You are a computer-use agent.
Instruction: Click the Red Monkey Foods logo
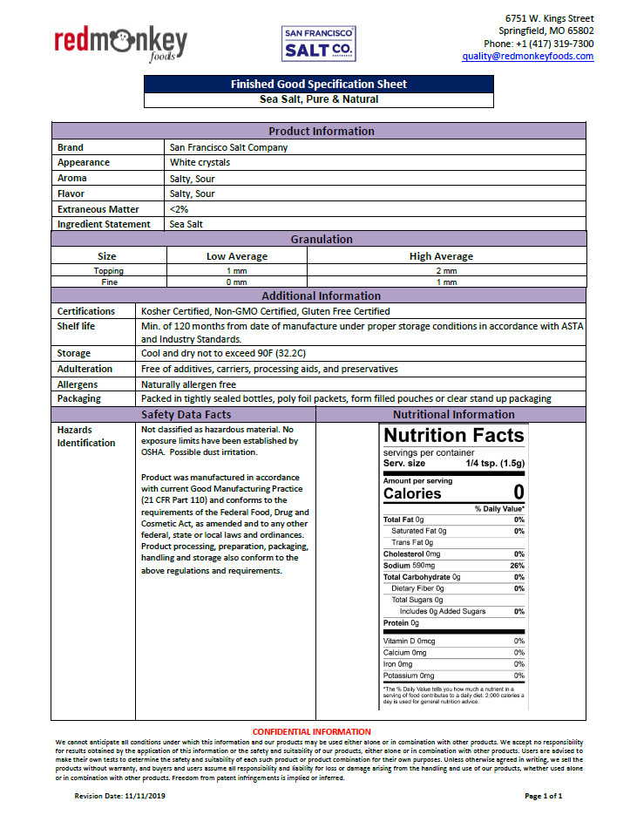pos(120,43)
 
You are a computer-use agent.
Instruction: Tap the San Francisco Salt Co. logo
pos(319,43)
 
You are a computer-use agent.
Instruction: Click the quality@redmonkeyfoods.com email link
pos(527,57)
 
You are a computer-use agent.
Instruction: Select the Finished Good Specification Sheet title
pos(318,85)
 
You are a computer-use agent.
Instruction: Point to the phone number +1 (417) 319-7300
pos(539,44)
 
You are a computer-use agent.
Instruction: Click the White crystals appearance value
pos(200,163)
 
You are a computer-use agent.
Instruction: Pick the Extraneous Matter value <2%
pos(179,209)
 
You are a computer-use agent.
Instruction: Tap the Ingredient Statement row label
pos(104,225)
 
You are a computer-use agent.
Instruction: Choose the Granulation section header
pos(322,239)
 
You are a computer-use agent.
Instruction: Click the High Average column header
pos(441,256)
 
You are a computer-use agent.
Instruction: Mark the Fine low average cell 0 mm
pos(236,282)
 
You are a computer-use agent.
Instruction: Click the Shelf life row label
pos(76,326)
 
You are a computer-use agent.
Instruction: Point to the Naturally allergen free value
pos(188,384)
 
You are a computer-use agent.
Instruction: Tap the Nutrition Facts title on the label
pos(453,435)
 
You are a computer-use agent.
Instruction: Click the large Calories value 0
pos(518,492)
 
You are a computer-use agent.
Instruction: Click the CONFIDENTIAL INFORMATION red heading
pos(311,731)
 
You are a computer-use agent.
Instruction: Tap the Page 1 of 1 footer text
pos(543,796)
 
